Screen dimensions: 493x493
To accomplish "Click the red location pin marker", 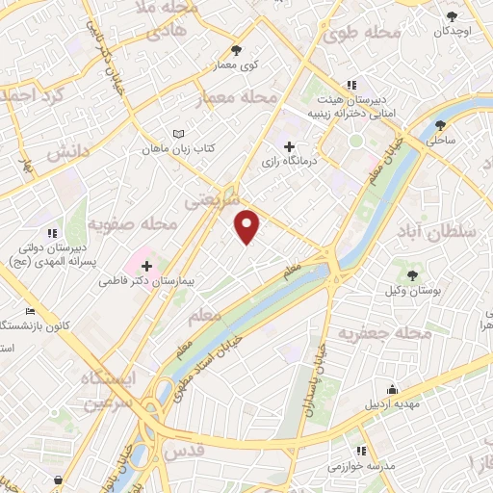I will [x=248, y=227].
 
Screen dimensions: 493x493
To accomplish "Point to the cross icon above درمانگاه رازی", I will [x=289, y=146].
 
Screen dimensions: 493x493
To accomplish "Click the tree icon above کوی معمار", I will [x=237, y=49].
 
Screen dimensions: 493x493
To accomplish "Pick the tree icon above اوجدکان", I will [x=454, y=14].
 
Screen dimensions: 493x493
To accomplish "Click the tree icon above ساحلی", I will [x=441, y=124].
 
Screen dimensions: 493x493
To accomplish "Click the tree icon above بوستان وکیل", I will [x=412, y=275].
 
